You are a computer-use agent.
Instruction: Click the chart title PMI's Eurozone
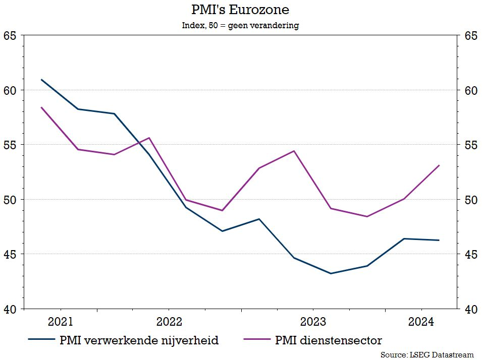tap(240, 10)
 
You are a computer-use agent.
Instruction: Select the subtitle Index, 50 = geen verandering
tap(240, 25)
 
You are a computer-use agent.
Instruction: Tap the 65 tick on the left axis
tap(10, 36)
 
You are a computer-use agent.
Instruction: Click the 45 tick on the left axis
tap(10, 254)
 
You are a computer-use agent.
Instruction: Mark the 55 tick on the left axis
tap(10, 145)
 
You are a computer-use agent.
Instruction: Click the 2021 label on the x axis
tap(61, 322)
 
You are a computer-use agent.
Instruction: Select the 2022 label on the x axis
tap(169, 322)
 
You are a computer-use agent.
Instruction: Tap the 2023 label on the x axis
tap(313, 322)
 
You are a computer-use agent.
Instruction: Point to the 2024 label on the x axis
tap(420, 322)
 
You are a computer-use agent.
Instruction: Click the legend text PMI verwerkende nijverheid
tap(139, 340)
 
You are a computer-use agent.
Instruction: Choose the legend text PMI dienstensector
tap(329, 340)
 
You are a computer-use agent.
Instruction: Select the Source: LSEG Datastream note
tap(427, 354)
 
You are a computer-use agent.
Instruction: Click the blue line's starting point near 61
tap(41, 80)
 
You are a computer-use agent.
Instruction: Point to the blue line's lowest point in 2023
tap(331, 273)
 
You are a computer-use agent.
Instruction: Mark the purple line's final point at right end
tap(439, 165)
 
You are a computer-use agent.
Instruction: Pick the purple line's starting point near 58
tap(41, 107)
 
